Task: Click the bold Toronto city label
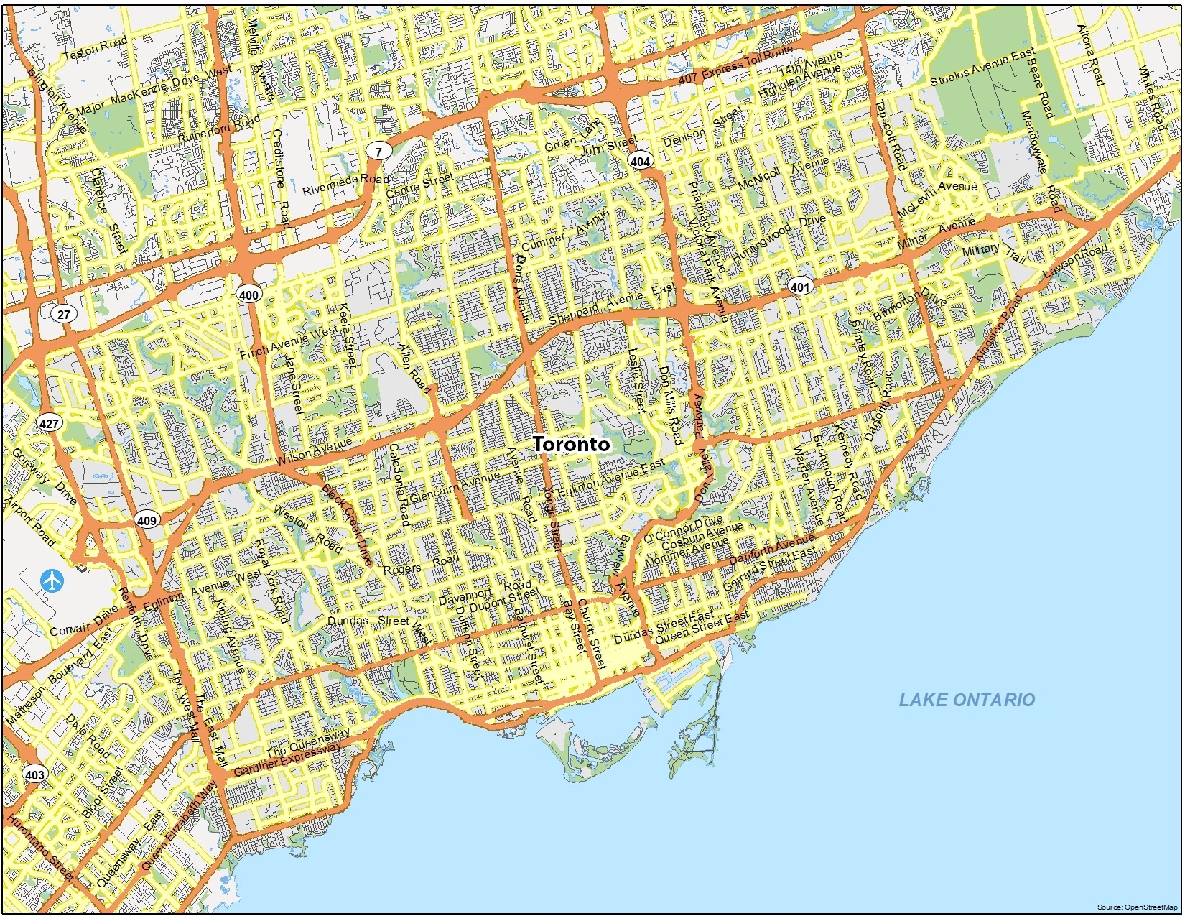(572, 445)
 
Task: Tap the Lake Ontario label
(967, 700)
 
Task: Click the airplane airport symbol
(52, 580)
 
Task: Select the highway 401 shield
(799, 287)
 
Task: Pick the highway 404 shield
(640, 161)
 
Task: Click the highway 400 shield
(249, 295)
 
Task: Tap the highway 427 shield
(49, 423)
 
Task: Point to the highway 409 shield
(147, 520)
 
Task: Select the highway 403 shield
(34, 774)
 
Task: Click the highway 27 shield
(64, 314)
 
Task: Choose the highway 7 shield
(378, 151)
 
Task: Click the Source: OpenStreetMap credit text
(1138, 907)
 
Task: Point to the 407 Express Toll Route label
(735, 65)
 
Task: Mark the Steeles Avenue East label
(982, 68)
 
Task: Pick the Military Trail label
(995, 251)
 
